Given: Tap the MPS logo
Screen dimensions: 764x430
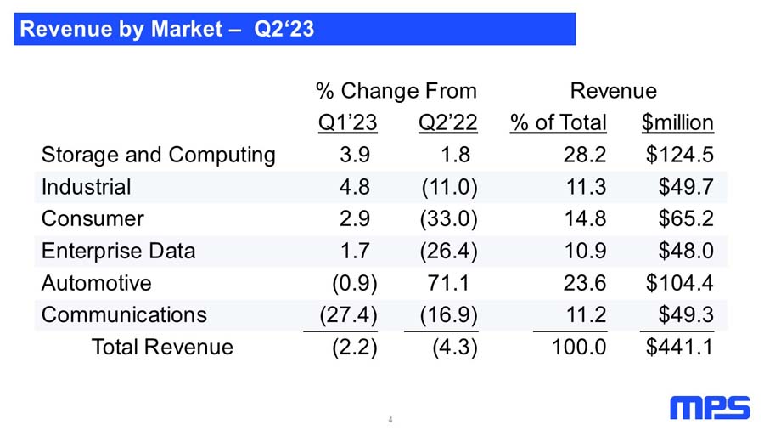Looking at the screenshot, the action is tap(710, 408).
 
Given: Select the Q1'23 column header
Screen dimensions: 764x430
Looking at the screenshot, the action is tap(347, 122).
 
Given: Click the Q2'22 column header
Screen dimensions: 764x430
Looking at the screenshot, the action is tap(447, 122).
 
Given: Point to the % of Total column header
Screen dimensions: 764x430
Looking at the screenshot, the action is tap(559, 122).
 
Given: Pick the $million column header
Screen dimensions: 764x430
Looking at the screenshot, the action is tap(677, 122).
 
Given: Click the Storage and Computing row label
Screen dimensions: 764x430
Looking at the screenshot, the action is tap(159, 155).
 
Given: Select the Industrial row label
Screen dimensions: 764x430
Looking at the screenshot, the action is tap(87, 187).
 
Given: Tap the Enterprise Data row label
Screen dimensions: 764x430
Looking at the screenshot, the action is tap(118, 251).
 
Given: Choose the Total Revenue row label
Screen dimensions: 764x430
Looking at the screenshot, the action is tap(162, 347).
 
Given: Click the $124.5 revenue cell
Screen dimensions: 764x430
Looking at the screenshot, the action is tap(680, 155).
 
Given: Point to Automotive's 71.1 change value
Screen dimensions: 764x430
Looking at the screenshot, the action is tap(448, 283).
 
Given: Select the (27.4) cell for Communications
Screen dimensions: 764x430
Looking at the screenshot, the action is tap(348, 315).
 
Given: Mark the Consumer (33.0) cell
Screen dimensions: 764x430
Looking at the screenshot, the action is tap(449, 219).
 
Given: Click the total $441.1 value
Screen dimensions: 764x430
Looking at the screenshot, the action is tap(680, 347).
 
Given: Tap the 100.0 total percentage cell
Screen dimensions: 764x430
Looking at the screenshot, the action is tap(579, 347).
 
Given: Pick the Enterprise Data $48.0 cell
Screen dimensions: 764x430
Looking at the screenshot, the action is tap(686, 251).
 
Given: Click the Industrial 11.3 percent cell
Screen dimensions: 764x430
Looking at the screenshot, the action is tap(586, 187).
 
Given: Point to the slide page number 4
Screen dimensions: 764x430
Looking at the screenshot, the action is tap(390, 419).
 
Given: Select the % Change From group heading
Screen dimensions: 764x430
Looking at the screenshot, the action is tap(396, 91).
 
